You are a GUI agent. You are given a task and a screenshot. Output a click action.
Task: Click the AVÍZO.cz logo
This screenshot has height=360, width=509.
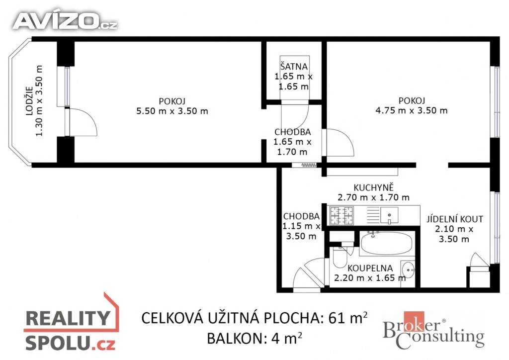(65, 21)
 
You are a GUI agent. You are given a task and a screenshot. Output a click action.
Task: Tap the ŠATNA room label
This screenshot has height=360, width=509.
(294, 66)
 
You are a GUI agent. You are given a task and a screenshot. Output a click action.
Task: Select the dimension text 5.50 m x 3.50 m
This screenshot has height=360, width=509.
(172, 111)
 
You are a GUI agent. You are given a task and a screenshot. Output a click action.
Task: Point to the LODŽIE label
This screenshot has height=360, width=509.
(29, 101)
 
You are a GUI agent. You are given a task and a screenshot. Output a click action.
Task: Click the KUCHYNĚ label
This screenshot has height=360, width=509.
(373, 187)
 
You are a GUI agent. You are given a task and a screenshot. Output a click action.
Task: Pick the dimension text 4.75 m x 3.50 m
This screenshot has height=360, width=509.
(411, 110)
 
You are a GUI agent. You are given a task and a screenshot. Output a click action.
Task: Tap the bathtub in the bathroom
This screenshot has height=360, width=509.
(386, 244)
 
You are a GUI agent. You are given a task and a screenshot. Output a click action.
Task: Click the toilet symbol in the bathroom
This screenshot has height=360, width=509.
(339, 258)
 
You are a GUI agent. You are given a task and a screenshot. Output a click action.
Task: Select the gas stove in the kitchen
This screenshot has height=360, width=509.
(341, 215)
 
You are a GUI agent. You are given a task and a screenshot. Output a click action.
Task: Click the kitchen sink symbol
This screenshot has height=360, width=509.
(389, 215)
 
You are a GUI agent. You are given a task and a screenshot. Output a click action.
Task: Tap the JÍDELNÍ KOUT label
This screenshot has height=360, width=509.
(454, 219)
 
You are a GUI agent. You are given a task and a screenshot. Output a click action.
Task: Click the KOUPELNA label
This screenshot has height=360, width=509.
(370, 268)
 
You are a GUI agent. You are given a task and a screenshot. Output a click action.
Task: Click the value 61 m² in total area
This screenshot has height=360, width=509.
(348, 318)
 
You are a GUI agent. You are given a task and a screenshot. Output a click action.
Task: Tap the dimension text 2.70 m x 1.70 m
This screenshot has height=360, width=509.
(373, 197)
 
